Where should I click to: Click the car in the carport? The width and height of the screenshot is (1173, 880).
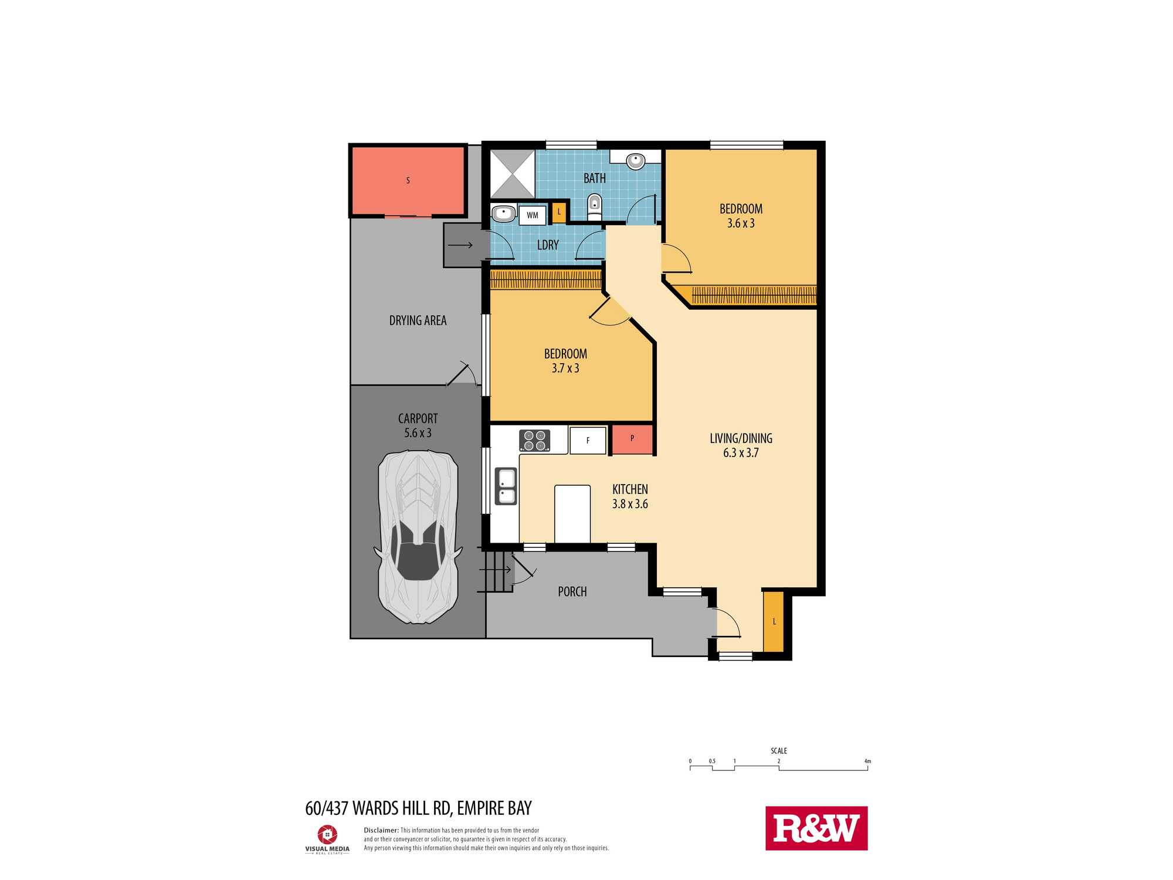pyautogui.click(x=417, y=537)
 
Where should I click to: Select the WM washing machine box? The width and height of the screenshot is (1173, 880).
pyautogui.click(x=533, y=215)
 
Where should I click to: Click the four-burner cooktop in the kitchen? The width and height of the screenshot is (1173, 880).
pyautogui.click(x=535, y=441)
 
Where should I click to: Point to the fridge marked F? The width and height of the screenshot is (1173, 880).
pyautogui.click(x=588, y=441)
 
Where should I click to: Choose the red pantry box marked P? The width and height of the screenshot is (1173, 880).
pyautogui.click(x=632, y=439)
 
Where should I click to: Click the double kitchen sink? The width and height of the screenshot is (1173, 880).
pyautogui.click(x=506, y=486)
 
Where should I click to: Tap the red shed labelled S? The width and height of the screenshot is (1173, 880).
pyautogui.click(x=408, y=180)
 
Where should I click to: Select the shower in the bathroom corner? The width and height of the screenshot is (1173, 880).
pyautogui.click(x=512, y=174)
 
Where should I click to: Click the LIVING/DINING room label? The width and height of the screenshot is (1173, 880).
pyautogui.click(x=741, y=445)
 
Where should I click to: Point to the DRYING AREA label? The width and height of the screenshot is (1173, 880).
pyautogui.click(x=418, y=321)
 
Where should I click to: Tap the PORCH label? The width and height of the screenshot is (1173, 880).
pyautogui.click(x=572, y=592)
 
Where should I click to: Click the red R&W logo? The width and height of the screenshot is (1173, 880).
pyautogui.click(x=816, y=828)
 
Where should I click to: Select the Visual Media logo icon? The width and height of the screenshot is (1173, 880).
pyautogui.click(x=327, y=834)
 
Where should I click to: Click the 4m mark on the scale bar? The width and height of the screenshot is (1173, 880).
pyautogui.click(x=867, y=761)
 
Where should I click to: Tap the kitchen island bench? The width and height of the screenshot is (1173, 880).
pyautogui.click(x=572, y=514)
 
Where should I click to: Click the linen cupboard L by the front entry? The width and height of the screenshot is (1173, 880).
pyautogui.click(x=774, y=621)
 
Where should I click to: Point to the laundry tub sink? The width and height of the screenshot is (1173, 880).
pyautogui.click(x=503, y=212)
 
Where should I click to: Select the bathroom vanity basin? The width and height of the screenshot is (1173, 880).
pyautogui.click(x=636, y=160)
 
